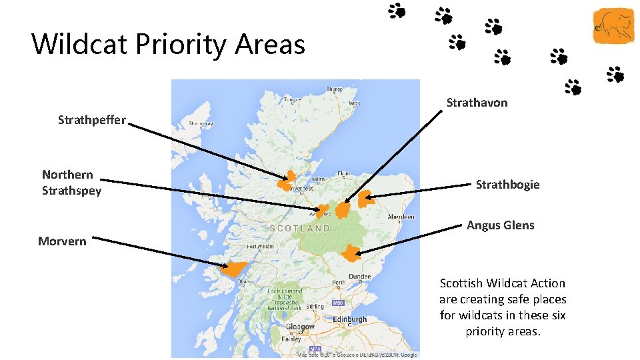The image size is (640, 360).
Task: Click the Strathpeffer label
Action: [x=91, y=120]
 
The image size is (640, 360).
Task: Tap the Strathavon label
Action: [x=477, y=103]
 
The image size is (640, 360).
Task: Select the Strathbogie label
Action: [x=507, y=185]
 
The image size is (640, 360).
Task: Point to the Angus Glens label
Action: [x=500, y=225]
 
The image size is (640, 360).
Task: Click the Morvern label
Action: [x=62, y=241]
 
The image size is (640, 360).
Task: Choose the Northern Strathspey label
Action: [x=71, y=183]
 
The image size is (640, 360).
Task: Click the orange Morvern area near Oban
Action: [x=233, y=269]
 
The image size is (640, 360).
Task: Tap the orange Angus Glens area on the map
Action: [x=351, y=253]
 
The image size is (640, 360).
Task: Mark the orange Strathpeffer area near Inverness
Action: [x=287, y=180]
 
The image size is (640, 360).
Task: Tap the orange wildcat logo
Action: [x=614, y=26]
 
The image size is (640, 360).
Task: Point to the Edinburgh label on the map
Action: [x=349, y=320]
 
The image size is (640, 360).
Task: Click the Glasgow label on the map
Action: [x=300, y=327]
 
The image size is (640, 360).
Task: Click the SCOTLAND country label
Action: [x=299, y=228]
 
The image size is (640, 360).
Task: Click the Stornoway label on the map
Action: [x=201, y=123]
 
